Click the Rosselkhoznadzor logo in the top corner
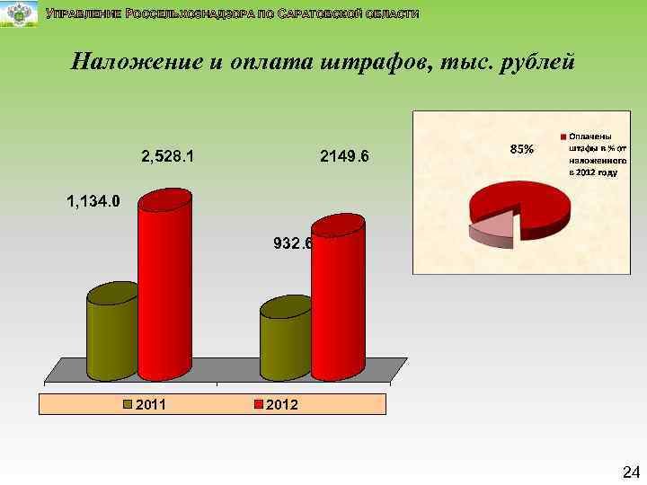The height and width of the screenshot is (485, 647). [x=19, y=14]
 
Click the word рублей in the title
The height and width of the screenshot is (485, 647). [x=532, y=63]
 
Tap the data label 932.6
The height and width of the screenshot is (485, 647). [x=291, y=243]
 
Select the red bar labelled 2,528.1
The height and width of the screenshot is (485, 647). [x=164, y=287]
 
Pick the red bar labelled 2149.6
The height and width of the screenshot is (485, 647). [x=338, y=301]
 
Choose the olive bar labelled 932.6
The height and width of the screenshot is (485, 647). [x=285, y=341]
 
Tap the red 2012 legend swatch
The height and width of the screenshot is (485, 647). [x=260, y=404]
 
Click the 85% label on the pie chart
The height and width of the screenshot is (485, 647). [x=522, y=149]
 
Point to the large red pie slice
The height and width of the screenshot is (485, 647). [x=530, y=202]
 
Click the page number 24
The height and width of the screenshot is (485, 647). [x=629, y=472]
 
